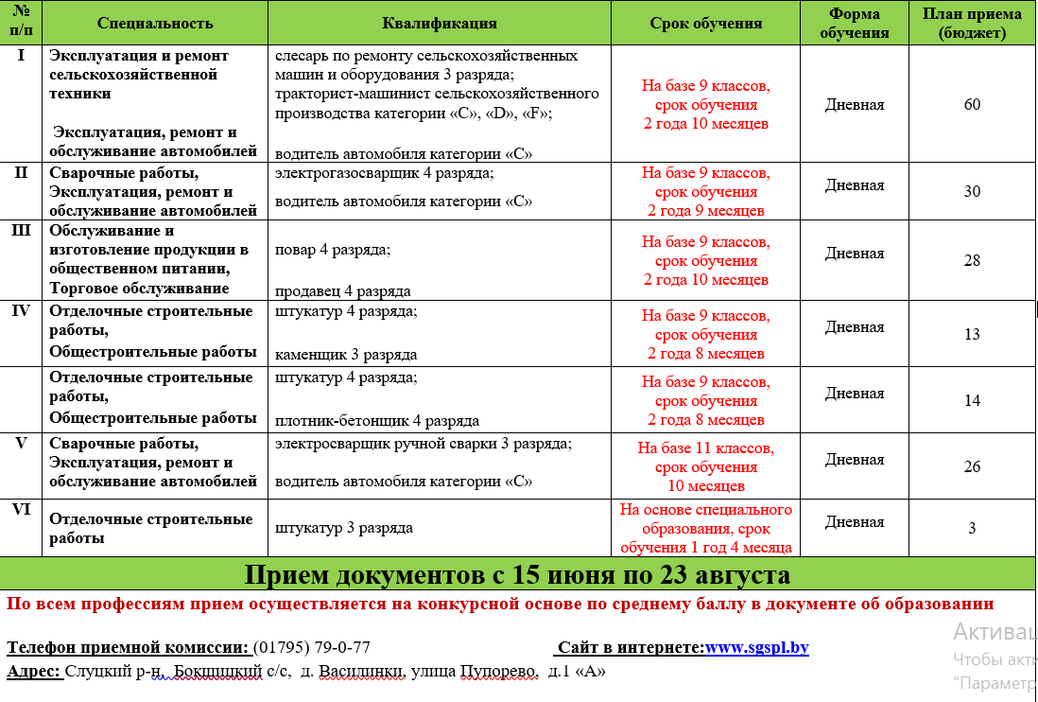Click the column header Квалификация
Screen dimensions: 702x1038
tap(439, 23)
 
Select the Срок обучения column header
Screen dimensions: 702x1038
tap(706, 23)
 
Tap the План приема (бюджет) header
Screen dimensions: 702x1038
tap(972, 23)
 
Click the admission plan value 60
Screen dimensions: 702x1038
tap(972, 104)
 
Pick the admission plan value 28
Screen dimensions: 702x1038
tap(972, 260)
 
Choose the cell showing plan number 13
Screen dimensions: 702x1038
tap(972, 334)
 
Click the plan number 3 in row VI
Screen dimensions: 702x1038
tap(972, 528)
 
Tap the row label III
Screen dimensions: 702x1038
tap(22, 231)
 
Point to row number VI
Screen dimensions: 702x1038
tap(22, 509)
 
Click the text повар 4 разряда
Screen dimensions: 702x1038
tap(333, 250)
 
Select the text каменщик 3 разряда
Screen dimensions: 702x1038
tap(346, 355)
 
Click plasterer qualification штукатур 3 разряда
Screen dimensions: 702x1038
tap(344, 528)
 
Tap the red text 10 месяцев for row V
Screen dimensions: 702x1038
tap(706, 486)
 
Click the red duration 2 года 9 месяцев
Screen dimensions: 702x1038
tap(706, 211)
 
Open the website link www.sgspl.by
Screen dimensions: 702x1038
tap(756, 648)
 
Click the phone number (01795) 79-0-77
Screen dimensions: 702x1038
tap(312, 648)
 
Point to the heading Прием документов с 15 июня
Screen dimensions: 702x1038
tap(517, 575)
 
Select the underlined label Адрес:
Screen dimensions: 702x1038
tap(34, 672)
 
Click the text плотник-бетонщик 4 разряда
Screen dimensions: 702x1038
tap(377, 421)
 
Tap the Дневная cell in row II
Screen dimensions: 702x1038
tap(855, 185)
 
